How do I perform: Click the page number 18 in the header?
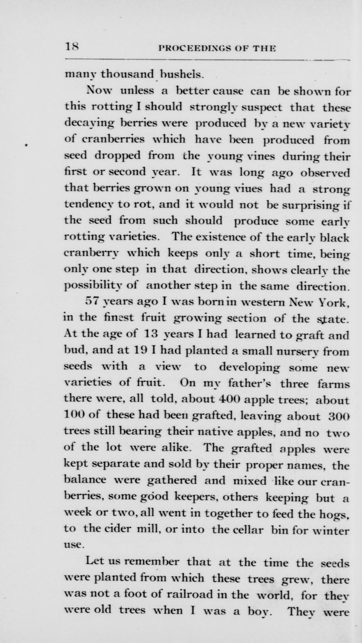[72, 47]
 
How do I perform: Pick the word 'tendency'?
[85, 205]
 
